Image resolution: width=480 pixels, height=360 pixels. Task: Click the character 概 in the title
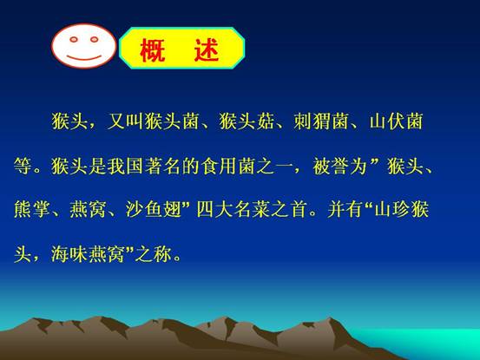pos(153,50)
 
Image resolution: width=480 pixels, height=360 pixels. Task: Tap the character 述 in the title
pos(207,49)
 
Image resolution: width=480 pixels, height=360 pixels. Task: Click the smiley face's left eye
pos(74,39)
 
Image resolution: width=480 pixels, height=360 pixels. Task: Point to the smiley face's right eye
pos(95,39)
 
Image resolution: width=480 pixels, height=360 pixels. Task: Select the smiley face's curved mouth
pos(84,57)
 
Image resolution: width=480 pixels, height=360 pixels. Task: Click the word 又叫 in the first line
pos(125,121)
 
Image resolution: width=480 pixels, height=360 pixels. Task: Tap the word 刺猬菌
pos(321,121)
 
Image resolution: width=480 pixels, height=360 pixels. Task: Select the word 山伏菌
pos(396,121)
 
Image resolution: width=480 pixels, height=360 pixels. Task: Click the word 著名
pos(162,167)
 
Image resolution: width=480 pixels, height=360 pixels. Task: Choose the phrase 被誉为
pos(339,167)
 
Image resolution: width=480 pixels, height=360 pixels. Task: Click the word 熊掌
pos(32,210)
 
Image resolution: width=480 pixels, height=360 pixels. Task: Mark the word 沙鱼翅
pos(154,210)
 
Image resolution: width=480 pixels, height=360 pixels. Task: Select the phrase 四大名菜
pos(233,210)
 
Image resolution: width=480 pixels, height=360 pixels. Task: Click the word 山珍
pos(392,210)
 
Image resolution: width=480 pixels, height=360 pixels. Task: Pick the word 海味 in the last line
pos(69,254)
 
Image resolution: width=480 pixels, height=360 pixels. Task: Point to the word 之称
pos(154,254)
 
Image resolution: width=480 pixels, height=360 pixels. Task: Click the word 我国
pos(125,167)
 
